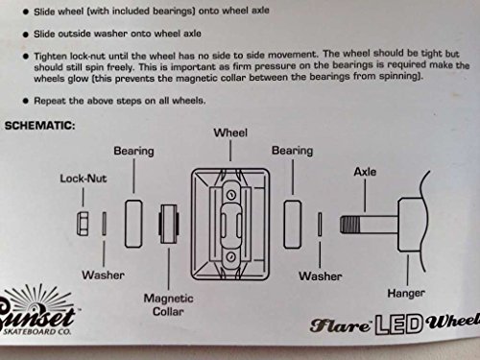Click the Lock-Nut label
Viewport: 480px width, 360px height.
(x=84, y=179)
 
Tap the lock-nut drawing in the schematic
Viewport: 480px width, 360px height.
(x=83, y=224)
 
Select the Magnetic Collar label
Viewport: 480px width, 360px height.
(x=168, y=304)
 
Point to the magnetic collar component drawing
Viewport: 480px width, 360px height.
(x=169, y=224)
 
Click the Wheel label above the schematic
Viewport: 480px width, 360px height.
(x=230, y=132)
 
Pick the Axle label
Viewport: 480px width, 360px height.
(x=365, y=172)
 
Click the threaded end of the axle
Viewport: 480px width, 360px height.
(x=349, y=225)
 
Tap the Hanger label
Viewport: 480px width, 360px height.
(x=406, y=293)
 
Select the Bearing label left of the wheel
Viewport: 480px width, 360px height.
(x=133, y=151)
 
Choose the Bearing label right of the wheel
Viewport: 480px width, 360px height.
(x=292, y=151)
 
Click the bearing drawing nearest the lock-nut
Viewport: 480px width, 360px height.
(x=133, y=224)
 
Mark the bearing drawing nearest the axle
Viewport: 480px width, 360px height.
(x=292, y=225)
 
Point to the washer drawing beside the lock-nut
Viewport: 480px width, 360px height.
(x=104, y=224)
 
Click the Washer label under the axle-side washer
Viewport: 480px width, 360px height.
(x=321, y=276)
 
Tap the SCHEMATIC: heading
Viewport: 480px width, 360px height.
(x=39, y=126)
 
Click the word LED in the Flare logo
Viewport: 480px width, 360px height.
(x=398, y=324)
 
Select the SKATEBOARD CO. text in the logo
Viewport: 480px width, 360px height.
(x=36, y=331)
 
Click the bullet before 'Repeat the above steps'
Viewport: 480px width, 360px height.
(x=26, y=101)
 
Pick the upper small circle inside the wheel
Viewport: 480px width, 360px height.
(x=231, y=195)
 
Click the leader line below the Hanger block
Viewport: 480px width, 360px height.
(x=407, y=270)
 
